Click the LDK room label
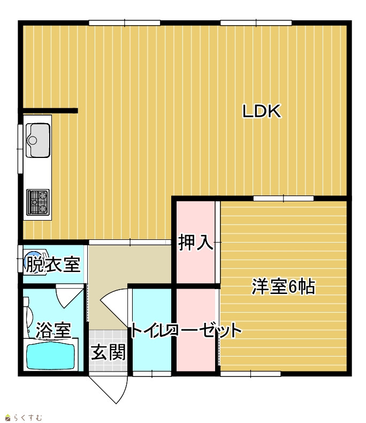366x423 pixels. coord(262,111)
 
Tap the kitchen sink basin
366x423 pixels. coord(38,140)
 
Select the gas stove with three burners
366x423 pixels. coord(38,202)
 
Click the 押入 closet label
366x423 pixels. coord(196,243)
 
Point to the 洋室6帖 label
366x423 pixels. coord(283,286)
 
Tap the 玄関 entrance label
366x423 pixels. coord(108,352)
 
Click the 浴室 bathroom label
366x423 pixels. coord(54,330)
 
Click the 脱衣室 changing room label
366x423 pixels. coord(54,265)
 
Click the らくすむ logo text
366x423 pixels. coord(28,418)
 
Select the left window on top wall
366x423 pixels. coord(125,23)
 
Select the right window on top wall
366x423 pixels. coord(256,23)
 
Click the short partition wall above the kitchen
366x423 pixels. coord(50,111)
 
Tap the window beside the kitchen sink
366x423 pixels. coord(20,149)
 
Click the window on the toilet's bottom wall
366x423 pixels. coord(152,374)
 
